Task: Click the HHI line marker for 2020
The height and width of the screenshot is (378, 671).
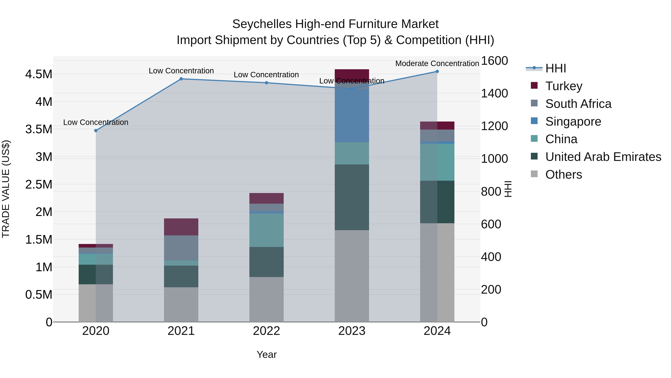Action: coord(96,130)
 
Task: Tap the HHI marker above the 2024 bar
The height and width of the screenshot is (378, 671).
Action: coord(437,71)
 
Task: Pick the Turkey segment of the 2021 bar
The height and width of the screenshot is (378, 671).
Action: coord(181,227)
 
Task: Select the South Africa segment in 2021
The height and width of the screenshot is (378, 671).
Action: coord(181,248)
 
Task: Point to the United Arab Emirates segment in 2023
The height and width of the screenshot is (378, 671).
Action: coord(352,197)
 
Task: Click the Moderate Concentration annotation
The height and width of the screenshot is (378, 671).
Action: coord(437,63)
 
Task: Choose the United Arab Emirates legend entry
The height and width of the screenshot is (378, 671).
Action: coord(603,157)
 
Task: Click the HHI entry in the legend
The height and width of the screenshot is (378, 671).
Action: coord(555,68)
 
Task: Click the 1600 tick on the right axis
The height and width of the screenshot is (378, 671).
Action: coord(494,61)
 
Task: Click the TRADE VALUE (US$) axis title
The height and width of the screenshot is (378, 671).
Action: coord(6,189)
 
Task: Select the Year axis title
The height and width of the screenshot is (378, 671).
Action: coord(267,354)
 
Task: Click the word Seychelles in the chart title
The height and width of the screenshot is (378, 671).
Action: coord(262,24)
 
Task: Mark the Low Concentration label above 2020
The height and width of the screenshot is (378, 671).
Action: coord(96,122)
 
